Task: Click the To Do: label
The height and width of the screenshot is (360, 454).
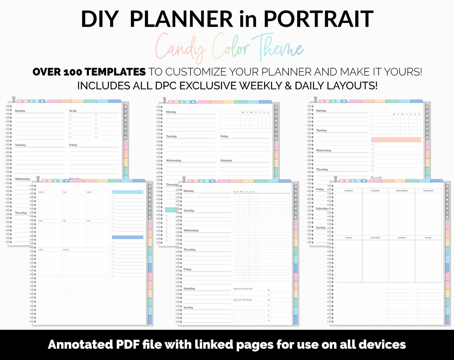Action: tap(73, 111)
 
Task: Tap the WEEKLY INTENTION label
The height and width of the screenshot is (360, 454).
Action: tap(243, 289)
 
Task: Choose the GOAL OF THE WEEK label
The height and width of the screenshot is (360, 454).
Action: tap(243, 300)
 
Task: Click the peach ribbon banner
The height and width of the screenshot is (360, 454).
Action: tap(396, 140)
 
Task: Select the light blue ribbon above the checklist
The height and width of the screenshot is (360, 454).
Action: tap(128, 192)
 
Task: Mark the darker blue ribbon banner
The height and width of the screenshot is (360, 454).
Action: tap(128, 237)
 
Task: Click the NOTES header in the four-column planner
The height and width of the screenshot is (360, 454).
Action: tap(428, 238)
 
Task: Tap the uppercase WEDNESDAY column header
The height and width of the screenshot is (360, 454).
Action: tap(402, 191)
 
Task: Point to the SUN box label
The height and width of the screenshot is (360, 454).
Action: tap(41, 250)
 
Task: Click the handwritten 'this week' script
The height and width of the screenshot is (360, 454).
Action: tap(376, 178)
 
